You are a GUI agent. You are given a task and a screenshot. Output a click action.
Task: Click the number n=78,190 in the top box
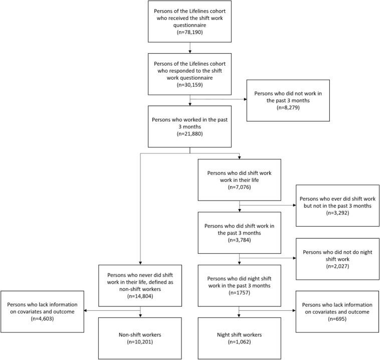(x=190, y=32)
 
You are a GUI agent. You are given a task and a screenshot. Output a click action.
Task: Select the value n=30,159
(x=190, y=85)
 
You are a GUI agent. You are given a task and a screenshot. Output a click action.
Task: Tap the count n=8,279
(x=288, y=107)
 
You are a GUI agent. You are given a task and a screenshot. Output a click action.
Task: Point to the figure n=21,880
(x=190, y=133)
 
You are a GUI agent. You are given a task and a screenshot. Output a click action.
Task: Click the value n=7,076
(x=240, y=187)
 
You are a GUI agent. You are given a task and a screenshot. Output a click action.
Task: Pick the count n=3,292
(x=337, y=213)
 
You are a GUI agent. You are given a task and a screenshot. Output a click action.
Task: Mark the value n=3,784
(x=240, y=240)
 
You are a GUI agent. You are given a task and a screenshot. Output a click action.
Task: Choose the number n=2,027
(x=337, y=266)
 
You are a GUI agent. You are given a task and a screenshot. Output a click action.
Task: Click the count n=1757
(x=240, y=293)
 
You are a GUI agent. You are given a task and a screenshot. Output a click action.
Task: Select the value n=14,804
(x=140, y=296)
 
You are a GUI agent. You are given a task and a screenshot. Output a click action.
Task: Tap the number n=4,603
(x=43, y=318)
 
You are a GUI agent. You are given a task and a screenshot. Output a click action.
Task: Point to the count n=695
(x=337, y=319)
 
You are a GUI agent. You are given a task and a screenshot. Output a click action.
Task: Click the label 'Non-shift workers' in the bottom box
(x=140, y=335)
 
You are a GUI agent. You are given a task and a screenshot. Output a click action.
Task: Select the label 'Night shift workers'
(x=240, y=335)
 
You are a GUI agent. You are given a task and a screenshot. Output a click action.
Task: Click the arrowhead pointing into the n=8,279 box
(x=245, y=99)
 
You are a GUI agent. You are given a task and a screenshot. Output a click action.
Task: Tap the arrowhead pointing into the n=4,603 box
(x=86, y=310)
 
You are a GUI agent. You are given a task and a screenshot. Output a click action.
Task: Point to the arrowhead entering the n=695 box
(x=294, y=310)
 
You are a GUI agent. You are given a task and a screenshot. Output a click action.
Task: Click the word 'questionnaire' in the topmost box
(x=190, y=25)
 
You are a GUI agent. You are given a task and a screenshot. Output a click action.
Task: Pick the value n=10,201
(x=140, y=342)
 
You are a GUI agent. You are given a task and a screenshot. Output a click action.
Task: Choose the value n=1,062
(x=240, y=342)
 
